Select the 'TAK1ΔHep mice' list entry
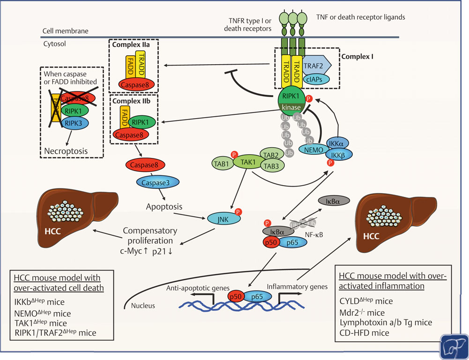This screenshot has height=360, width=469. pyautogui.click(x=41, y=323)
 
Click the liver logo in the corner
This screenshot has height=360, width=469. pyautogui.click(x=454, y=346)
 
